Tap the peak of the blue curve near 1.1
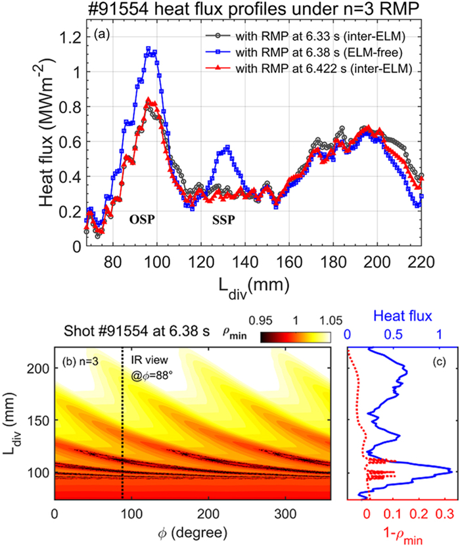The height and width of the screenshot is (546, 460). (149, 49)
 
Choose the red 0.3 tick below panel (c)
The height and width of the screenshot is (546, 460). (444, 512)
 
